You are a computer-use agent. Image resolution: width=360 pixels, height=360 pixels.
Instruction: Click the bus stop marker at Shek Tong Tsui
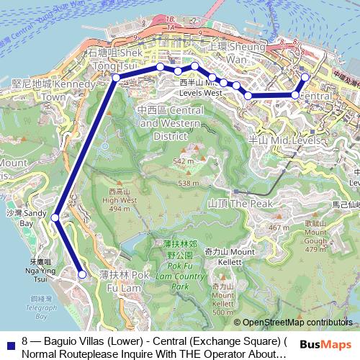coord(115,78)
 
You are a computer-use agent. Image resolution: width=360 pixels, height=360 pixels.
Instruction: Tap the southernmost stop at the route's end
coord(82,274)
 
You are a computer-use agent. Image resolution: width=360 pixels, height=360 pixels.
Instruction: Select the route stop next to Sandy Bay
coord(55,217)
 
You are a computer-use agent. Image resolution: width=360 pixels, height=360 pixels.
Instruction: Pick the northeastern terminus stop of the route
coord(305,77)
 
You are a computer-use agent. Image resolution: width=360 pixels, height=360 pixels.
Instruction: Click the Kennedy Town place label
coord(45,90)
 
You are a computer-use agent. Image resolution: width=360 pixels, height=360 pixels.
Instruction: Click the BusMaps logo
coord(326,345)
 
